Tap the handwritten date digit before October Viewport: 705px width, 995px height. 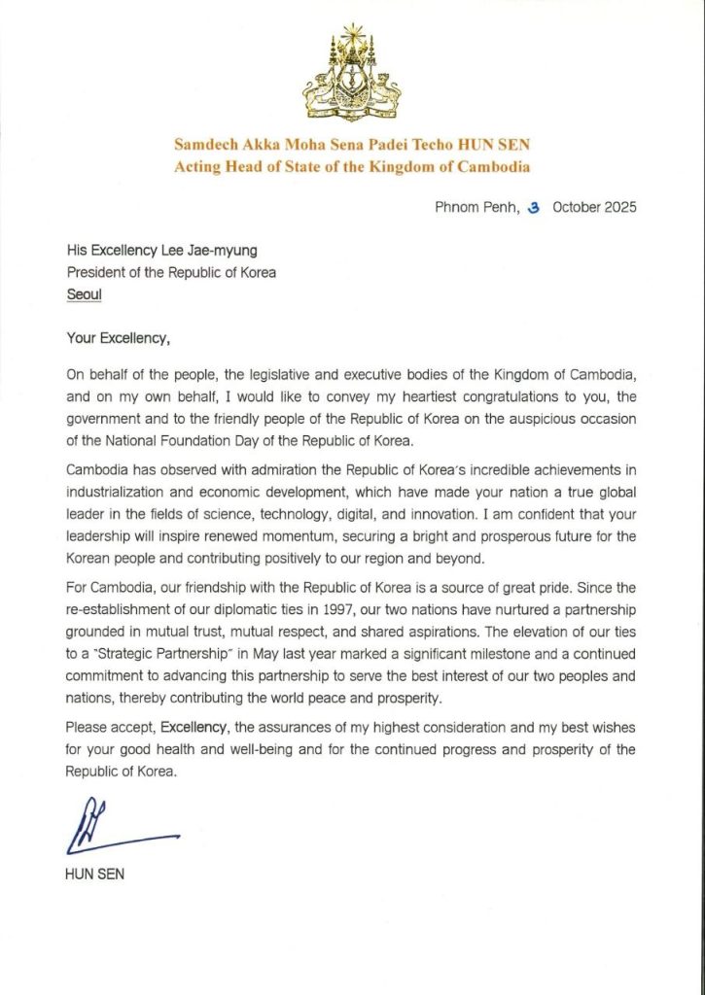533,207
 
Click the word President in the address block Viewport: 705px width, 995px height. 98,272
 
